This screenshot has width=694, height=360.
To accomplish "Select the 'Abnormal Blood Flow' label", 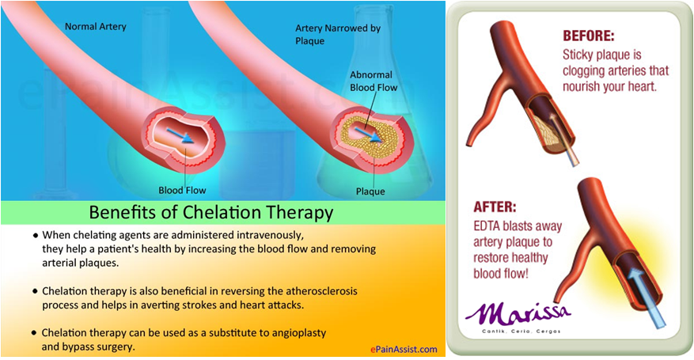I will pyautogui.click(x=373, y=81).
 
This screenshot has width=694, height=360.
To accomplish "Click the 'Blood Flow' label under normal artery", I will pyautogui.click(x=181, y=190).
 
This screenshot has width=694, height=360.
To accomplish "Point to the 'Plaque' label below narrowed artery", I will pyautogui.click(x=370, y=191).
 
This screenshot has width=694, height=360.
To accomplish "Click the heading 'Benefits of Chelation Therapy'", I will pyautogui.click(x=210, y=212).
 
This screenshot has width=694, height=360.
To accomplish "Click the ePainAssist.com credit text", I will pyautogui.click(x=404, y=349).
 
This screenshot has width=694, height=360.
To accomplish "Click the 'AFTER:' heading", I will pyautogui.click(x=494, y=207).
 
